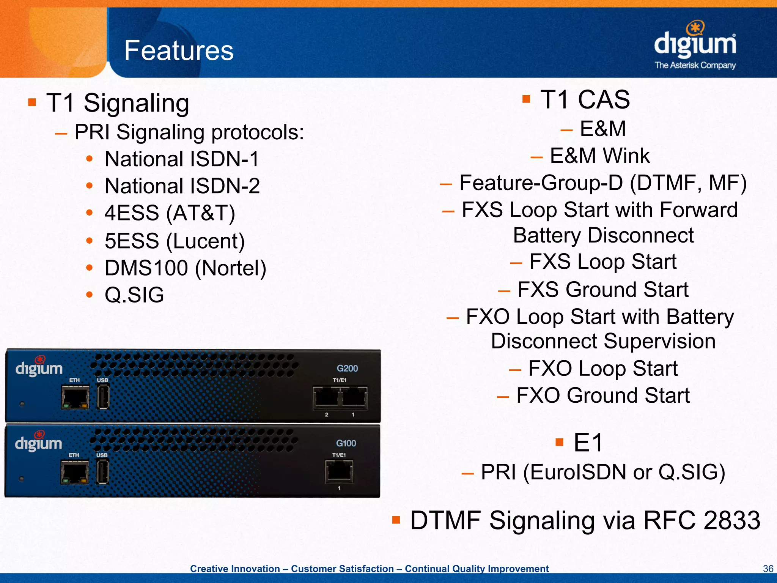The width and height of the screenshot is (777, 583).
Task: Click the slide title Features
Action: (x=179, y=50)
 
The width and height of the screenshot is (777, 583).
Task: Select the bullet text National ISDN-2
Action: (x=182, y=186)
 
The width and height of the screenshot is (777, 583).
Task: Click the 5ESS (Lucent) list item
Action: (x=175, y=241)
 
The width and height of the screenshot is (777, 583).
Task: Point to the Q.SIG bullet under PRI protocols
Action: (x=134, y=295)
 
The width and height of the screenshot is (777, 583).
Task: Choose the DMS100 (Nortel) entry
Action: (x=185, y=268)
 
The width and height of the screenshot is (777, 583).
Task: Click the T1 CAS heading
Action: (x=585, y=100)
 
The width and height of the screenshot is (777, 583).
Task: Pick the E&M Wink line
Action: (x=599, y=156)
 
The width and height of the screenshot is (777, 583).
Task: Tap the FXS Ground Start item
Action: (x=602, y=290)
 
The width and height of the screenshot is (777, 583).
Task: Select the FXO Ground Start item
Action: (x=602, y=395)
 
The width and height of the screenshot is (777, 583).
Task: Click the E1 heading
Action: (x=588, y=443)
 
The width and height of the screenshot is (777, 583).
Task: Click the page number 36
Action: (x=768, y=569)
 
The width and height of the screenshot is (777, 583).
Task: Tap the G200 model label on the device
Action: (x=347, y=368)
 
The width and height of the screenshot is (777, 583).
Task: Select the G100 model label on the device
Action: (x=346, y=443)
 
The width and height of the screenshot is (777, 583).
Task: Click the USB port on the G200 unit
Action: (x=103, y=397)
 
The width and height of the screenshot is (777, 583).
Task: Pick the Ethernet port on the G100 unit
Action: (x=74, y=473)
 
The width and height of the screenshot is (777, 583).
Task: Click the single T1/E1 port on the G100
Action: (x=339, y=471)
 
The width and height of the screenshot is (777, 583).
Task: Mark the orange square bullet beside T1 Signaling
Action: (x=32, y=102)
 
